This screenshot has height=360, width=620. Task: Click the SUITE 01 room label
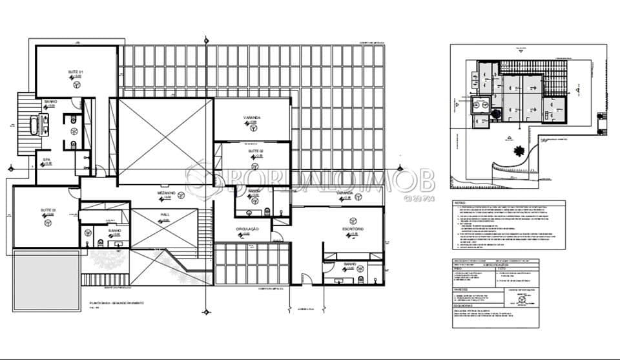(x=76, y=72)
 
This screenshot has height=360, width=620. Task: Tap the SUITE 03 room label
(x=48, y=211)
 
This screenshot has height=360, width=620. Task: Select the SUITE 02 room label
(x=255, y=151)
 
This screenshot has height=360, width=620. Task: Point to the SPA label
(x=46, y=159)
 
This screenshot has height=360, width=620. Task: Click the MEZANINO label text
(x=167, y=193)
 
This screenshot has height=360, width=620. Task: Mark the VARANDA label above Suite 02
(x=252, y=118)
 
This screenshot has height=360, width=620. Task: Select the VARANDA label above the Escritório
(x=344, y=193)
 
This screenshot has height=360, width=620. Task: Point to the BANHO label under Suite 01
(x=51, y=101)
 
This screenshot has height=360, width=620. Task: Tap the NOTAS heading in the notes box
(x=459, y=202)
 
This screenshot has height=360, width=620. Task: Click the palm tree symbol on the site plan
(x=519, y=153)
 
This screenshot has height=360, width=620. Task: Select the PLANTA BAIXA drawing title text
(x=116, y=302)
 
